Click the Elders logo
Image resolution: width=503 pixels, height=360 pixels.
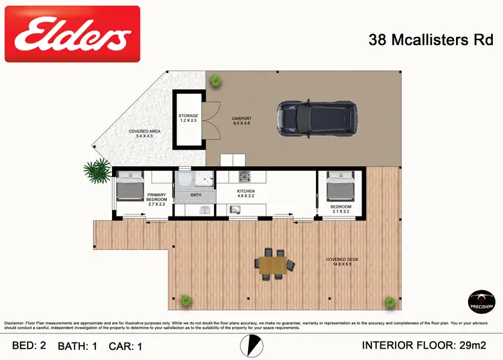coord(72,34)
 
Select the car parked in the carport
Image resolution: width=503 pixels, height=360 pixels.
coord(317,116)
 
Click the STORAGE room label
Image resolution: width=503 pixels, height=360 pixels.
coord(188,118)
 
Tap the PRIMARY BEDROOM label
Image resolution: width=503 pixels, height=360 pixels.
coord(156,198)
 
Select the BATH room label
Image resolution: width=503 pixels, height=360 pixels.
coord(195,195)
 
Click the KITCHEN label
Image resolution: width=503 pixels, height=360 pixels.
coord(246,194)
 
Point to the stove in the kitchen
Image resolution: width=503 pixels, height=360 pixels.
coord(244,177)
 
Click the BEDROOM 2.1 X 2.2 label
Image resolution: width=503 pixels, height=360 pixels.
coord(341,209)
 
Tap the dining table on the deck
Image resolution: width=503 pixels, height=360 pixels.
coord(273,263)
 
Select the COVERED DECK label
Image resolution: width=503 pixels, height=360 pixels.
coord(339,261)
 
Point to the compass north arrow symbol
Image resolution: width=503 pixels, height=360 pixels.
coord(250,345)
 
